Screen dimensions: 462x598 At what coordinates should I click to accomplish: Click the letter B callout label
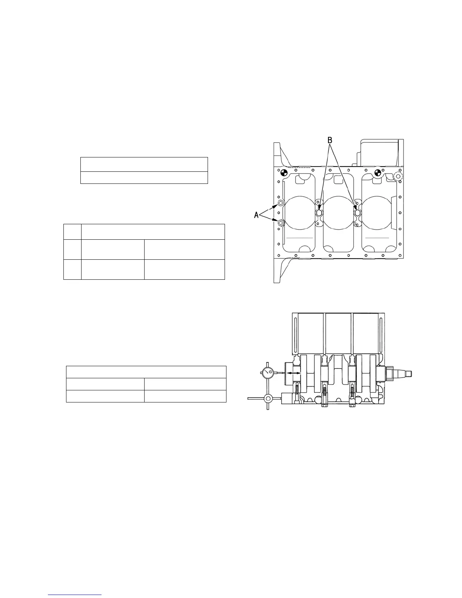click(x=330, y=140)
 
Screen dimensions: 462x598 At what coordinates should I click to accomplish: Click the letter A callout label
click(x=256, y=215)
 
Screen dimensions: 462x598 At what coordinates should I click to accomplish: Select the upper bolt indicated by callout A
click(x=280, y=204)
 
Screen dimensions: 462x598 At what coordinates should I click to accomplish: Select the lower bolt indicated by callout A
click(x=281, y=222)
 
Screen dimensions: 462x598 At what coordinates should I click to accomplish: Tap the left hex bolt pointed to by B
click(x=319, y=213)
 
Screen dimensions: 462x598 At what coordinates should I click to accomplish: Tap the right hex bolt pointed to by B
click(x=357, y=213)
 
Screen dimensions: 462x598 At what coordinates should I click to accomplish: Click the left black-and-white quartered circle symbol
click(x=284, y=173)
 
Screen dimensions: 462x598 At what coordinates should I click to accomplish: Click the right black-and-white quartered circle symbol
click(x=377, y=173)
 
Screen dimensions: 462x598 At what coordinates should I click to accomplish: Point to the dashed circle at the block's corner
click(x=397, y=176)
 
